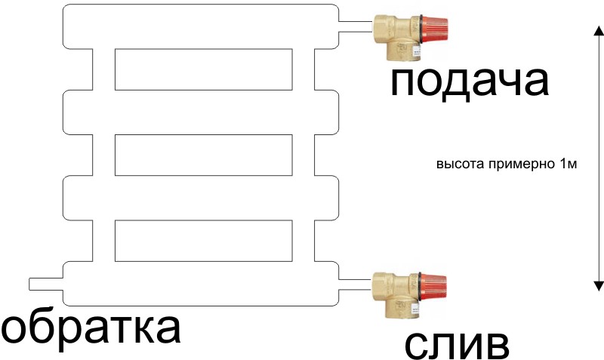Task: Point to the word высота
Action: (455, 164)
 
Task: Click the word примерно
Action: (513, 164)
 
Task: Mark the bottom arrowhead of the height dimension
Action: (597, 285)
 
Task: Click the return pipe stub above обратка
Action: (46, 284)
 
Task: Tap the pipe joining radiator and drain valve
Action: (354, 282)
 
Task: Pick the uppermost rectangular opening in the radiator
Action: (203, 69)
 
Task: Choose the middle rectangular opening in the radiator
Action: (203, 155)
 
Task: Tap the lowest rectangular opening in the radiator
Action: (203, 240)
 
